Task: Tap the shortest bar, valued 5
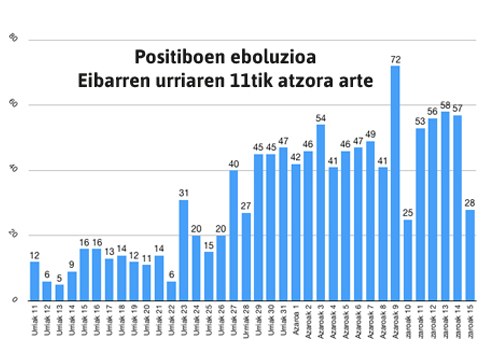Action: (59, 291)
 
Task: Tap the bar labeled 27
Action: (246, 256)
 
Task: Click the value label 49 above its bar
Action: (370, 134)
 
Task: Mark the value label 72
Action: (395, 59)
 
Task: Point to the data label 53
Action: (420, 121)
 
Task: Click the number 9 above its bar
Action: (72, 264)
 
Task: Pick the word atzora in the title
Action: (322, 80)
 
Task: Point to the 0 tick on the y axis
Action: (14, 299)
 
